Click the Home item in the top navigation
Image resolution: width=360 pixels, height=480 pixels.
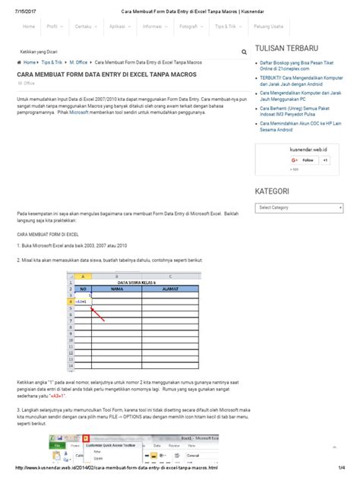click(x=29, y=27)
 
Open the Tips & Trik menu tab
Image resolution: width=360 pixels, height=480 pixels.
click(x=226, y=27)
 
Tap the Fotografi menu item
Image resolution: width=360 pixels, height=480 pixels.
click(x=188, y=27)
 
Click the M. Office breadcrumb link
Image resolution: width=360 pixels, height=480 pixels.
click(x=78, y=62)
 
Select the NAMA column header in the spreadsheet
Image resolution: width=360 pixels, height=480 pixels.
click(x=117, y=289)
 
